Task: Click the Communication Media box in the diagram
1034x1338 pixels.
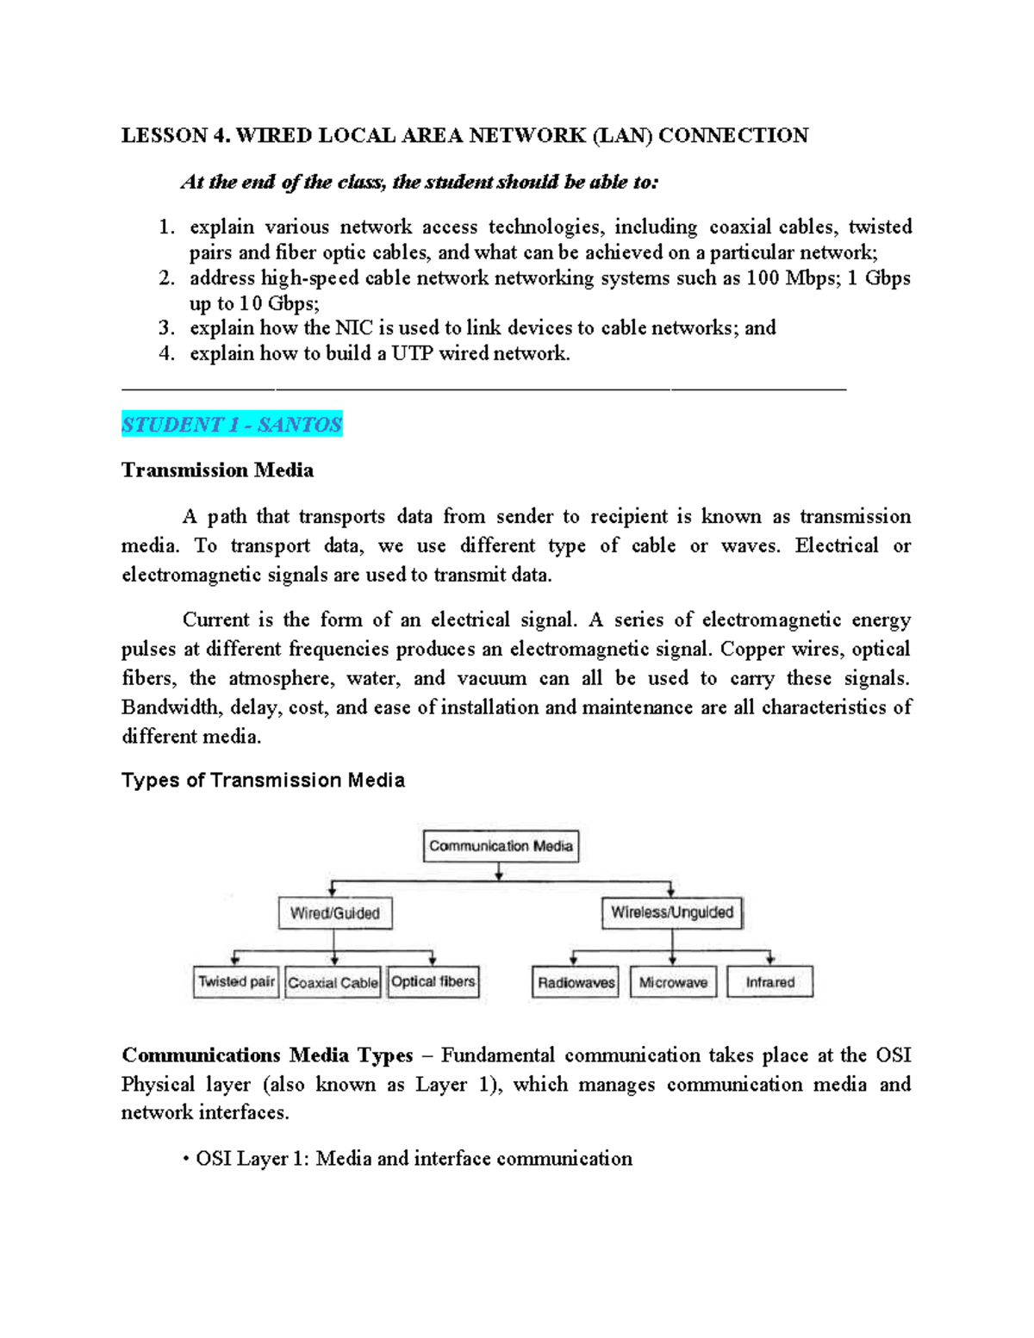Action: [501, 846]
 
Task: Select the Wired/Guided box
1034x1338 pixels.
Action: [335, 913]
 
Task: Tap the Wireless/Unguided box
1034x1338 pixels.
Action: [671, 912]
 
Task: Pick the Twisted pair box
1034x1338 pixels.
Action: [236, 981]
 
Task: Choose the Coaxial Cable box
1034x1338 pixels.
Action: [333, 982]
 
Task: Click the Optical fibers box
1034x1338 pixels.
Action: [433, 981]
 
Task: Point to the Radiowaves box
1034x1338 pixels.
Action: [576, 982]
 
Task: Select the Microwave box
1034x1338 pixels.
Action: [673, 982]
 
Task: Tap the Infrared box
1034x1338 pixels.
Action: [769, 982]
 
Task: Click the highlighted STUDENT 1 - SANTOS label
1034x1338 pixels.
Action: [232, 425]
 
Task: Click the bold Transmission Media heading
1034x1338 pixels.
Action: [217, 470]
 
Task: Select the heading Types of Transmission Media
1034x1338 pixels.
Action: [263, 781]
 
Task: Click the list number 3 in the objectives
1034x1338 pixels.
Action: [165, 328]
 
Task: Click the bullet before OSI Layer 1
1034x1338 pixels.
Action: [186, 1160]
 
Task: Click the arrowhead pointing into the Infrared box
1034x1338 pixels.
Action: [770, 960]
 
